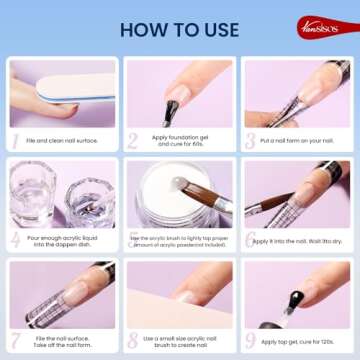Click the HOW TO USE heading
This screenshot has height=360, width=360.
pyautogui.click(x=180, y=28)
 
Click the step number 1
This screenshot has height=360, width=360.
pyautogui.click(x=15, y=141)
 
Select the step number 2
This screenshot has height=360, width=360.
pyautogui.click(x=132, y=141)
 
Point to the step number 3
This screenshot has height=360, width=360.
pyautogui.click(x=250, y=141)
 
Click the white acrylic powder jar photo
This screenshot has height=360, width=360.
pyautogui.click(x=170, y=195)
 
